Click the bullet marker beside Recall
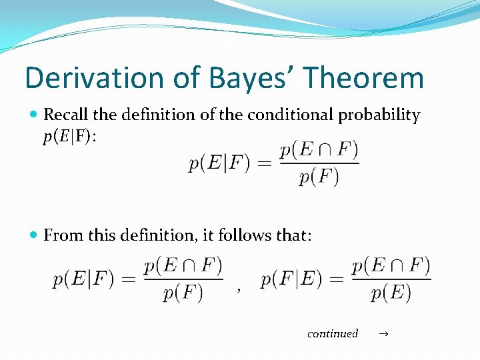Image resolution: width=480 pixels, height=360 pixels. pos(35,115)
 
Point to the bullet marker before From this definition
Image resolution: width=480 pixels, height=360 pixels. pos(35,235)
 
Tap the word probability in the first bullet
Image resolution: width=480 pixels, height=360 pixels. pos(380,115)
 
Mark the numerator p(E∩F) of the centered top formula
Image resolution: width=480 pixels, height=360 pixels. pos(319,150)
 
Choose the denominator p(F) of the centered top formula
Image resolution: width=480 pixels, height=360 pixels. pos(319,177)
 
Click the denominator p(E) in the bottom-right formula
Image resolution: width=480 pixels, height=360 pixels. pos(391,293)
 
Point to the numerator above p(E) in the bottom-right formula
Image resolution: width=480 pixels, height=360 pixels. pos(391,265)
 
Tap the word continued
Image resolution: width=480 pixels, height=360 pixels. pos(333,333)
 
